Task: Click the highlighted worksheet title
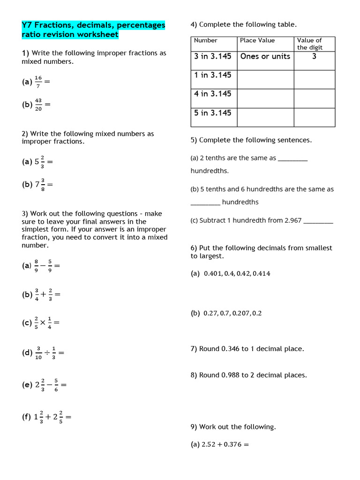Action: coord(93,30)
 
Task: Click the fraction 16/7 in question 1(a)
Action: coord(38,82)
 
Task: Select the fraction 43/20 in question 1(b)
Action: coord(38,105)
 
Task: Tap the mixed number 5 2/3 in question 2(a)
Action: coord(40,162)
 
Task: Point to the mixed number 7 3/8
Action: coord(40,185)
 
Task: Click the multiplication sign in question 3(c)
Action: coord(43,322)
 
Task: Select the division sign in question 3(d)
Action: coord(46,352)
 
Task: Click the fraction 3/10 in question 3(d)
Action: coord(38,353)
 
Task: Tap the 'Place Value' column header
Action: coord(257,40)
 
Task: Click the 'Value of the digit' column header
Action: coord(310,44)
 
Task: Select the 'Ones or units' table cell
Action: coord(265,56)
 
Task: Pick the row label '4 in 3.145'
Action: coord(213,94)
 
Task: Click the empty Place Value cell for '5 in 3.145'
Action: coord(265,117)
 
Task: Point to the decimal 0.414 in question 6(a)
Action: coord(261,274)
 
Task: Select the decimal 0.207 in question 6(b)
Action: coord(239,314)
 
